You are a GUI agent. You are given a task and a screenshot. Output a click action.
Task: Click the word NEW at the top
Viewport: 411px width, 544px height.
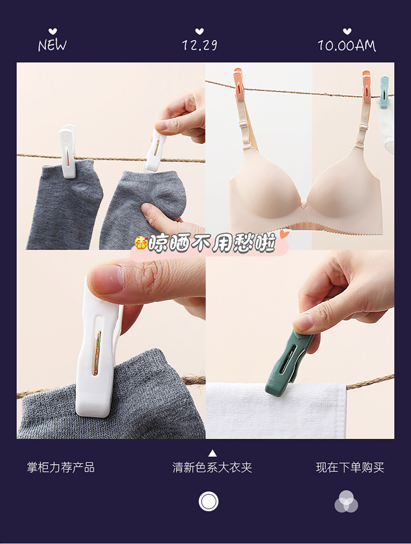pyautogui.click(x=52, y=45)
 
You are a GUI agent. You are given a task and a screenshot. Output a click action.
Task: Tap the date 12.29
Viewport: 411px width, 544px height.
pyautogui.click(x=200, y=45)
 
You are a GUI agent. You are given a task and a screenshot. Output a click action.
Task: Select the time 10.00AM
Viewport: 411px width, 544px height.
pyautogui.click(x=347, y=46)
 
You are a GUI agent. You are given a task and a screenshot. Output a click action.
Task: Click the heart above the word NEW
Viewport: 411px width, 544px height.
pyautogui.click(x=53, y=31)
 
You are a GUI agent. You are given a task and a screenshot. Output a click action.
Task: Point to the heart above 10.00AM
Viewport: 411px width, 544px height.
pyautogui.click(x=347, y=31)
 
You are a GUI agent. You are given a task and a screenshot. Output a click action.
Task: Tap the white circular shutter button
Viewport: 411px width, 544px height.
pyautogui.click(x=209, y=501)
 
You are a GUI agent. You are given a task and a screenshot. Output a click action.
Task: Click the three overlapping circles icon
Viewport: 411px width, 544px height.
pyautogui.click(x=346, y=501)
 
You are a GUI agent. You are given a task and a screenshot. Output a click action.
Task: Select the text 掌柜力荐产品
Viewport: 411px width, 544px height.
pyautogui.click(x=61, y=468)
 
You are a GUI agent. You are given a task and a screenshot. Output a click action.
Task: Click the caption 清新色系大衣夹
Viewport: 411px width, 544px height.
pyautogui.click(x=212, y=468)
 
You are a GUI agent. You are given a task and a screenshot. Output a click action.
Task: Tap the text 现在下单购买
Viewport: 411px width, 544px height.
pyautogui.click(x=350, y=468)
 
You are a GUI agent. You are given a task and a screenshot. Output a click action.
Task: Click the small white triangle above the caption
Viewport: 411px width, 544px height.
pyautogui.click(x=212, y=453)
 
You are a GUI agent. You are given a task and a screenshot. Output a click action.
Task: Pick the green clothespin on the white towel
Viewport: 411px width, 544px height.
pyautogui.click(x=287, y=363)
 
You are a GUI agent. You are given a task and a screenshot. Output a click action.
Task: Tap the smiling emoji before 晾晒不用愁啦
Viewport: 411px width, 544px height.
pyautogui.click(x=141, y=243)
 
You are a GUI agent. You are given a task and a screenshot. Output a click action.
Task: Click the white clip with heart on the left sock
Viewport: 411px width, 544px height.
pyautogui.click(x=67, y=151)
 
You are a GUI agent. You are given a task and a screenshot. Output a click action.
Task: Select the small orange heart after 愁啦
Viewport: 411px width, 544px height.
pyautogui.click(x=284, y=234)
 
